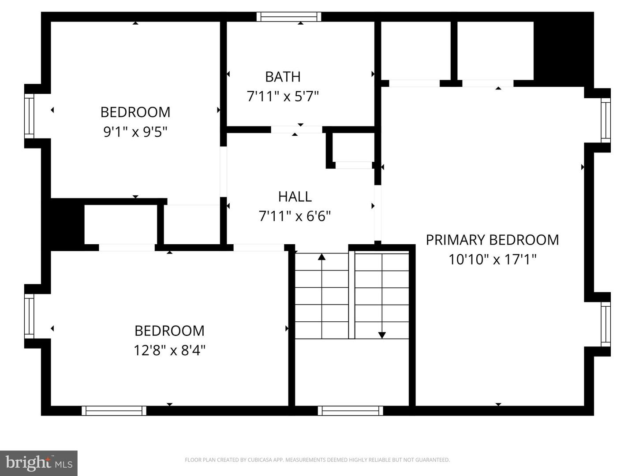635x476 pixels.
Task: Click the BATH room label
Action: [283, 77]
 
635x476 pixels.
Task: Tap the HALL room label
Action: [295, 197]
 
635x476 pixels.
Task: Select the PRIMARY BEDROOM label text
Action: [492, 240]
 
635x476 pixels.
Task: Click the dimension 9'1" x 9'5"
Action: [135, 131]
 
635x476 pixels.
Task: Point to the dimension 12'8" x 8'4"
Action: [169, 350]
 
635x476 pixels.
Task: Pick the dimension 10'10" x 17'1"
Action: [492, 259]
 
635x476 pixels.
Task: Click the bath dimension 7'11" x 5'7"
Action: [283, 96]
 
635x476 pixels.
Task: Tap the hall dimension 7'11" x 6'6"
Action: [295, 216]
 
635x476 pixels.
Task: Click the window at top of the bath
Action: [289, 17]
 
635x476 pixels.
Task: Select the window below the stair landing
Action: [350, 411]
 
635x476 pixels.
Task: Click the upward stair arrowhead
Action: [321, 257]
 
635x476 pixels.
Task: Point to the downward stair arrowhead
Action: [382, 335]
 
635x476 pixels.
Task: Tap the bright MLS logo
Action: [39, 463]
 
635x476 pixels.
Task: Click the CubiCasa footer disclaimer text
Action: [317, 460]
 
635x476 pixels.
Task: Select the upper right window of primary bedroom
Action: [606, 120]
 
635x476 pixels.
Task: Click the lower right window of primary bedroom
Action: [606, 324]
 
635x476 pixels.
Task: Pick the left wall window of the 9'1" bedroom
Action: [29, 116]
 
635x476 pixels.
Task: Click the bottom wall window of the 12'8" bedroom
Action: [114, 411]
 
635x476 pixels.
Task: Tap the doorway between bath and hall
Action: [296, 130]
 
